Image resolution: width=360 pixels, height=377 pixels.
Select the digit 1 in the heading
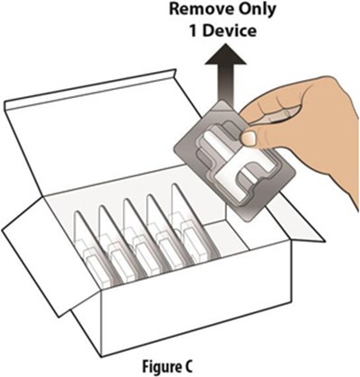click(193, 31)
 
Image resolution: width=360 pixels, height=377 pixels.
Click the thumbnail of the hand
click(248, 138)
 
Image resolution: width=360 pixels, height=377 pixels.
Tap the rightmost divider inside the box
click(194, 222)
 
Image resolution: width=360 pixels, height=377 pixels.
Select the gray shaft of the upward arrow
click(226, 83)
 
